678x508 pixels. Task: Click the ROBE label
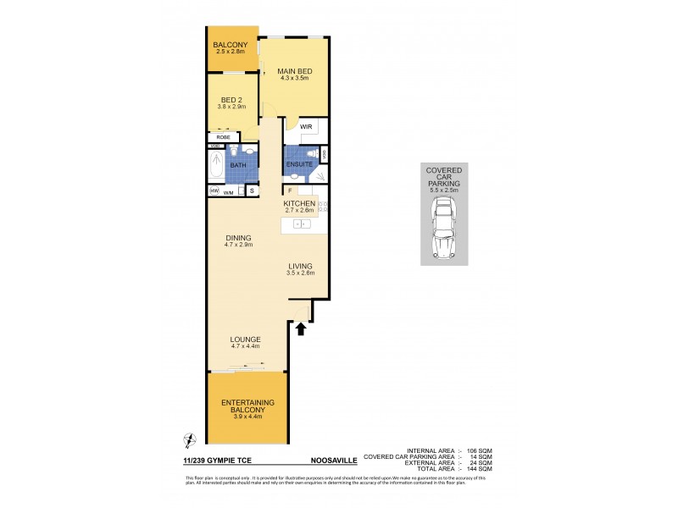click(x=224, y=136)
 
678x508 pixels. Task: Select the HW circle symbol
click(x=214, y=192)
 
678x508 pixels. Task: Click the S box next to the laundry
click(x=252, y=192)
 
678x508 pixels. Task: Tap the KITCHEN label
click(x=299, y=204)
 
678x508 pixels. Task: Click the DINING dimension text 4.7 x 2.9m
click(x=240, y=245)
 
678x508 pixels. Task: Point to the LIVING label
click(x=299, y=266)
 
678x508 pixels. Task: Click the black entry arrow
click(x=300, y=329)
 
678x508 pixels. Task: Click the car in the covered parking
click(x=443, y=235)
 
